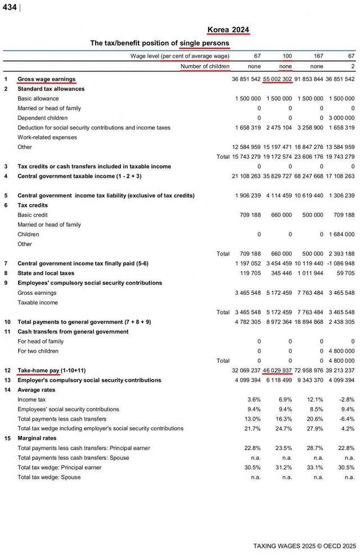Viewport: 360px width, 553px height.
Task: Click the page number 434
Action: coord(10,7)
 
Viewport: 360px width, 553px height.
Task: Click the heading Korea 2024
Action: coord(228,30)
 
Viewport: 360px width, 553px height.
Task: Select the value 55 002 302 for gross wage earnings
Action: coord(277,79)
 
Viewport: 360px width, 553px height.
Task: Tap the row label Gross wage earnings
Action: coord(47,79)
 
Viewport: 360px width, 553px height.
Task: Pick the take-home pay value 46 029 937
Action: coord(277,370)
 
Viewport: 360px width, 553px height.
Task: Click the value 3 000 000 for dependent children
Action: coord(341,118)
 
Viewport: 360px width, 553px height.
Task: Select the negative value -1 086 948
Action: coord(340,263)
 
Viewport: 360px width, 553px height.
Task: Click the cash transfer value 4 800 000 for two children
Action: coord(341,350)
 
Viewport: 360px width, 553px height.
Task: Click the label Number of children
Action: coord(205,66)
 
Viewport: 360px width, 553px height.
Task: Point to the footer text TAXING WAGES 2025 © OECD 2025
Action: coord(304,546)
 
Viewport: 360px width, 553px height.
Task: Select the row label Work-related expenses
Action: coord(47,137)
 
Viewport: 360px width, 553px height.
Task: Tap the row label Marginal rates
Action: coord(37,438)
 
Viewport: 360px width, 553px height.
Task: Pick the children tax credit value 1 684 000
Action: coord(341,235)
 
